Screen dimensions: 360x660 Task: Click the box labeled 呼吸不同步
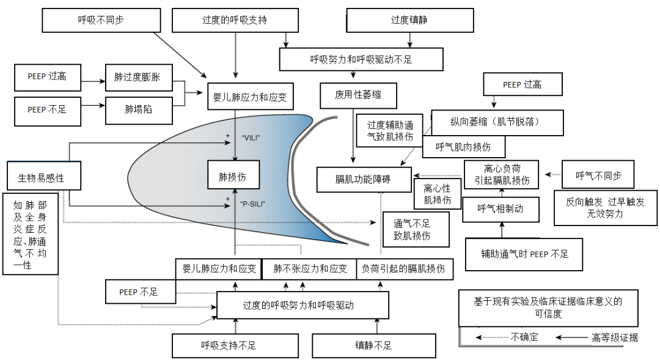point(101,20)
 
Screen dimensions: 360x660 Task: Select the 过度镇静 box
point(409,20)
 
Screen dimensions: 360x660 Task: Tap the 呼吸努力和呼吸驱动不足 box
point(361,59)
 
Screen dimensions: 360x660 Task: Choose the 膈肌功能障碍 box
point(363,179)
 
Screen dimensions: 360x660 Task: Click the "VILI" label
point(251,138)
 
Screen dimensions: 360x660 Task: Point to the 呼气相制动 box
point(501,208)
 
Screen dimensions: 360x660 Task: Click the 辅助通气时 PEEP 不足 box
point(524,253)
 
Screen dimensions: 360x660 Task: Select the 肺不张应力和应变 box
point(310,268)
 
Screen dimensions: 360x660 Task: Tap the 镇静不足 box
point(373,345)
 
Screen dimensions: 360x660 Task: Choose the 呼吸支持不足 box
point(229,345)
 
